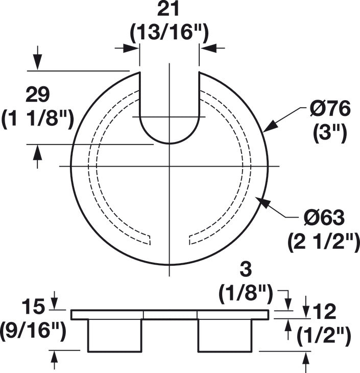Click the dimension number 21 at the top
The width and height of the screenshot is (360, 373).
coord(168,9)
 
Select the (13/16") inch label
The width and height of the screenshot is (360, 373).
coord(170,32)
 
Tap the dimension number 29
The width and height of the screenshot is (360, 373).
coord(38,95)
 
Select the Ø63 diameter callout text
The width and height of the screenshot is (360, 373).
coord(324,218)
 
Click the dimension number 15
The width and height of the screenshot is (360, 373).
coord(33,307)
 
